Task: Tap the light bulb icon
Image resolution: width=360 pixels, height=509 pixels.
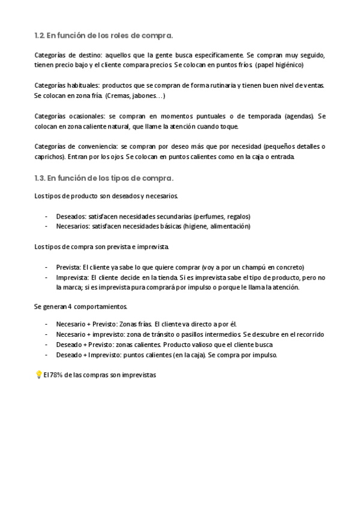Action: [38, 375]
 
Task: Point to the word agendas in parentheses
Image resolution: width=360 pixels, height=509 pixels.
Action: [299, 116]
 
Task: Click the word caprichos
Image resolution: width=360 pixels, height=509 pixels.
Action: [49, 157]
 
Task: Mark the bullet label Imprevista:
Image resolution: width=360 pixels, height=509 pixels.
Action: [73, 277]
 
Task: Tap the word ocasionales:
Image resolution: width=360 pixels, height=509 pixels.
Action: [87, 116]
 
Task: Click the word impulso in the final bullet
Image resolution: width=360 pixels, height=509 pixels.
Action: [262, 355]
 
